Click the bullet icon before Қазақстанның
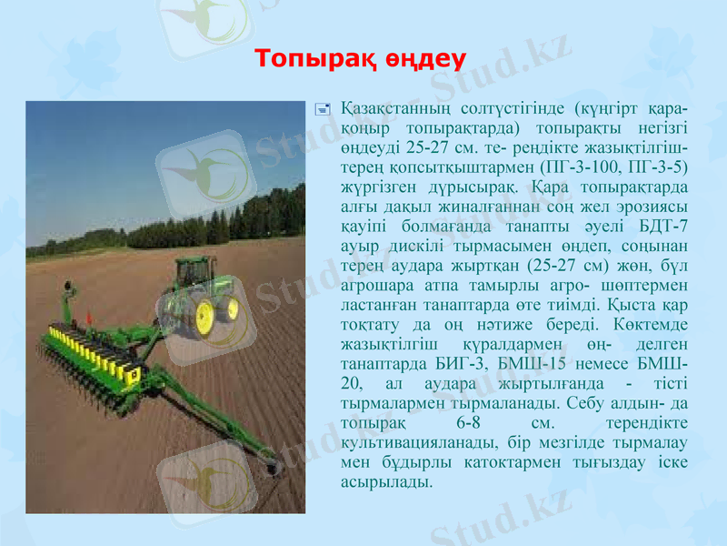(320, 108)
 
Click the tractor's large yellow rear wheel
(205, 314)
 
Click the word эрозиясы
(649, 206)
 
